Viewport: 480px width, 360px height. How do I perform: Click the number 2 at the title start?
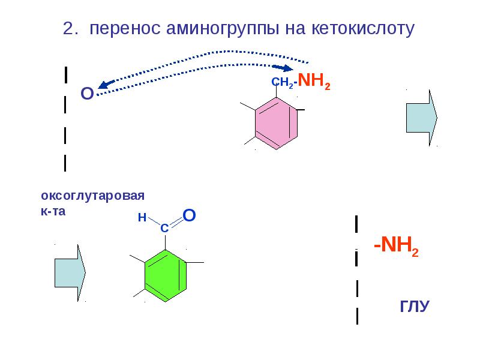tap(68, 29)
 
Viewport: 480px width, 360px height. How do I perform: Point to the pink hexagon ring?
tap(277, 119)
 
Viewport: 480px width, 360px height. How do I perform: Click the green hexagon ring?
tap(166, 277)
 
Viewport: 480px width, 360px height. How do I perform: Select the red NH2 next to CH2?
tap(314, 82)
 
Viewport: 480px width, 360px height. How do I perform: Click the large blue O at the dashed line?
tap(86, 94)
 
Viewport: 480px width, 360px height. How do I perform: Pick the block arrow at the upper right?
tap(422, 117)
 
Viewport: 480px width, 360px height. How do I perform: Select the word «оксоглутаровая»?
tap(93, 196)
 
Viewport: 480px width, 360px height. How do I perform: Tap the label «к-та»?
tap(52, 211)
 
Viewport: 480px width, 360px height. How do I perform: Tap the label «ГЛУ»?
tap(415, 306)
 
